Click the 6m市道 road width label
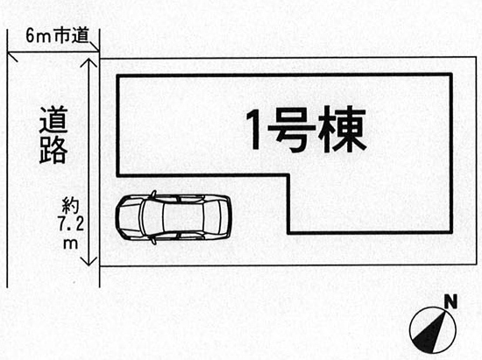(57, 36)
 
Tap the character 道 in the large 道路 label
(53, 119)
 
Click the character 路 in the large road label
(53, 150)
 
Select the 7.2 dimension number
(71, 225)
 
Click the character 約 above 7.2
(71, 206)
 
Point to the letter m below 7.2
(70, 244)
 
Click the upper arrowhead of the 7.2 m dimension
(89, 62)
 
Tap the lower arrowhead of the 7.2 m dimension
(89, 261)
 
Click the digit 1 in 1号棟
(256, 130)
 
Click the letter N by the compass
(451, 301)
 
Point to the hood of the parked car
(129, 217)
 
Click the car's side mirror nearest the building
(153, 194)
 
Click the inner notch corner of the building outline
(289, 175)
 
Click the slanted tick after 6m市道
(94, 46)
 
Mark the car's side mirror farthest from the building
(153, 240)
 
